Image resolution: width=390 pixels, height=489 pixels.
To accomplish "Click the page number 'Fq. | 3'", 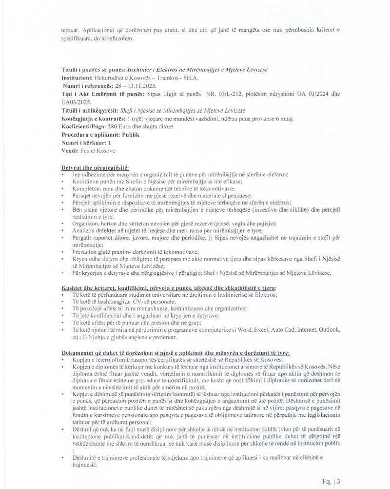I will (331, 481).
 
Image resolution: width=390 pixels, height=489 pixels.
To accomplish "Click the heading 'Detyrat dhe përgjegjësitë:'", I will (92, 167).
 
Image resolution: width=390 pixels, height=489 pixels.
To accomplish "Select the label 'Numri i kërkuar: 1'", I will (86, 143).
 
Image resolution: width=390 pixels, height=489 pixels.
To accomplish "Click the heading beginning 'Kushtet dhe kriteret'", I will (169, 288).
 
